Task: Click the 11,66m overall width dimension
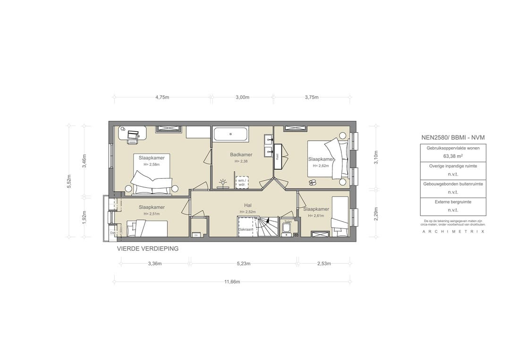232,282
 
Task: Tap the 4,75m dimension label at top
162,97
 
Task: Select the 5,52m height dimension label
69,181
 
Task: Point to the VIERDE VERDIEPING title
148,249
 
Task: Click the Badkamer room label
241,155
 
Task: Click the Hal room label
247,205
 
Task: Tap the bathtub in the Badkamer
230,134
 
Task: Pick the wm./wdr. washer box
241,182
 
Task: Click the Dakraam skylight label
246,229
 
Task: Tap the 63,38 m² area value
452,156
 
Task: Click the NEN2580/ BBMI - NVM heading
453,137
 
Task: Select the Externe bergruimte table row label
453,202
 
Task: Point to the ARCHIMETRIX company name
453,231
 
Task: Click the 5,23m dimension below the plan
243,264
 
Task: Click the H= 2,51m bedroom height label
152,214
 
